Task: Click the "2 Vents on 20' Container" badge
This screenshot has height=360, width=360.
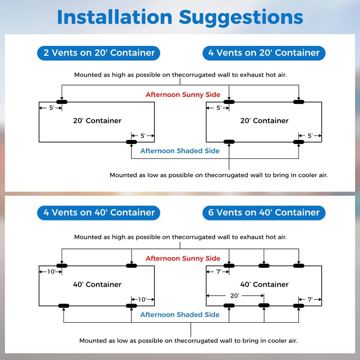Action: (99, 53)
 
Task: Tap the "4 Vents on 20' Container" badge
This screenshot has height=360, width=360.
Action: (264, 53)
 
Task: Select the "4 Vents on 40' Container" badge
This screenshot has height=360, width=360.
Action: (99, 213)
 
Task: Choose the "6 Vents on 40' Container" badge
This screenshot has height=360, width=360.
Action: (264, 213)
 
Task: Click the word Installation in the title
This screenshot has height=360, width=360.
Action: (115, 17)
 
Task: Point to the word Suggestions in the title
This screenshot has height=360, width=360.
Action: (241, 18)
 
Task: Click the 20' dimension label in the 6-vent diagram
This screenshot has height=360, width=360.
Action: (234, 296)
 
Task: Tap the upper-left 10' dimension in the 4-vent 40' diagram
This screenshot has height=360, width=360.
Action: (51, 272)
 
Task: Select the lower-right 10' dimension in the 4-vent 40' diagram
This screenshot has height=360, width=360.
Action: (142, 299)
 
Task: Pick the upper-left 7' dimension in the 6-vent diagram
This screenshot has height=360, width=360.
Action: (219, 272)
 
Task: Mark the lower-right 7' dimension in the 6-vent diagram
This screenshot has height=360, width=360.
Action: (310, 299)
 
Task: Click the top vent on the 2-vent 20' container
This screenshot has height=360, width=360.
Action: (62, 102)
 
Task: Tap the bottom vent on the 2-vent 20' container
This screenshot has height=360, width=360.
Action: (131, 142)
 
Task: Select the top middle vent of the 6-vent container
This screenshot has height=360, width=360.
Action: (264, 265)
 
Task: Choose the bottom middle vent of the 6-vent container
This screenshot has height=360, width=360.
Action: (264, 306)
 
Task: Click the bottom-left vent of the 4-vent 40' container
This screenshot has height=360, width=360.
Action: (63, 306)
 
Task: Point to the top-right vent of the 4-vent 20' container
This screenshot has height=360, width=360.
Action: (298, 102)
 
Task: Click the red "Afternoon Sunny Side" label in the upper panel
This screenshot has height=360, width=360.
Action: (183, 94)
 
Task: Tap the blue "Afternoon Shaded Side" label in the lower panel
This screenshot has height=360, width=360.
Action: (180, 315)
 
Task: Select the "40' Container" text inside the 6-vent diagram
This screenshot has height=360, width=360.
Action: (264, 284)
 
